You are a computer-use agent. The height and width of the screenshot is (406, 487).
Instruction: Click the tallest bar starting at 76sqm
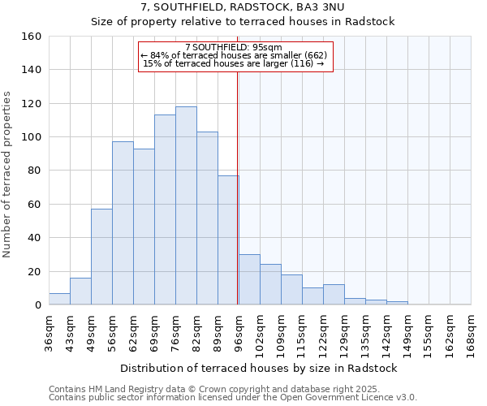coord(186,205)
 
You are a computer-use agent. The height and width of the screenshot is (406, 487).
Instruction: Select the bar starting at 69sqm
coord(165,209)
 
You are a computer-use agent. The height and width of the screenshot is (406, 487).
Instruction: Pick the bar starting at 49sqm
coord(101,257)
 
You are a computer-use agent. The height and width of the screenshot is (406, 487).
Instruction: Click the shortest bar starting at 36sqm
coord(59,299)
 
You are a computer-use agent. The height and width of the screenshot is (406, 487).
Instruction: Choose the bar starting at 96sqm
coord(249,279)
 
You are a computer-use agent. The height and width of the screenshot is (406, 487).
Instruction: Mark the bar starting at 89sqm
coord(228,240)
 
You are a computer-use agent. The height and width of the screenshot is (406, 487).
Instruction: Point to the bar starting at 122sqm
coord(334,295)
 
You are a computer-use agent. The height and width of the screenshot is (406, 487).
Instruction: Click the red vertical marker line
coord(237,187)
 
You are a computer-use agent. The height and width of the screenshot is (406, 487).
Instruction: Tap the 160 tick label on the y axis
coord(31,37)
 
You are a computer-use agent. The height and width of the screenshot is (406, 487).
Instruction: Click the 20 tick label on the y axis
coord(34,271)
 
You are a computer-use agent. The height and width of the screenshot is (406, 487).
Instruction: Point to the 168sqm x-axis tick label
coord(471,331)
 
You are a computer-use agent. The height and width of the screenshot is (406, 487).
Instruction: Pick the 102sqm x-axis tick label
coord(260,331)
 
